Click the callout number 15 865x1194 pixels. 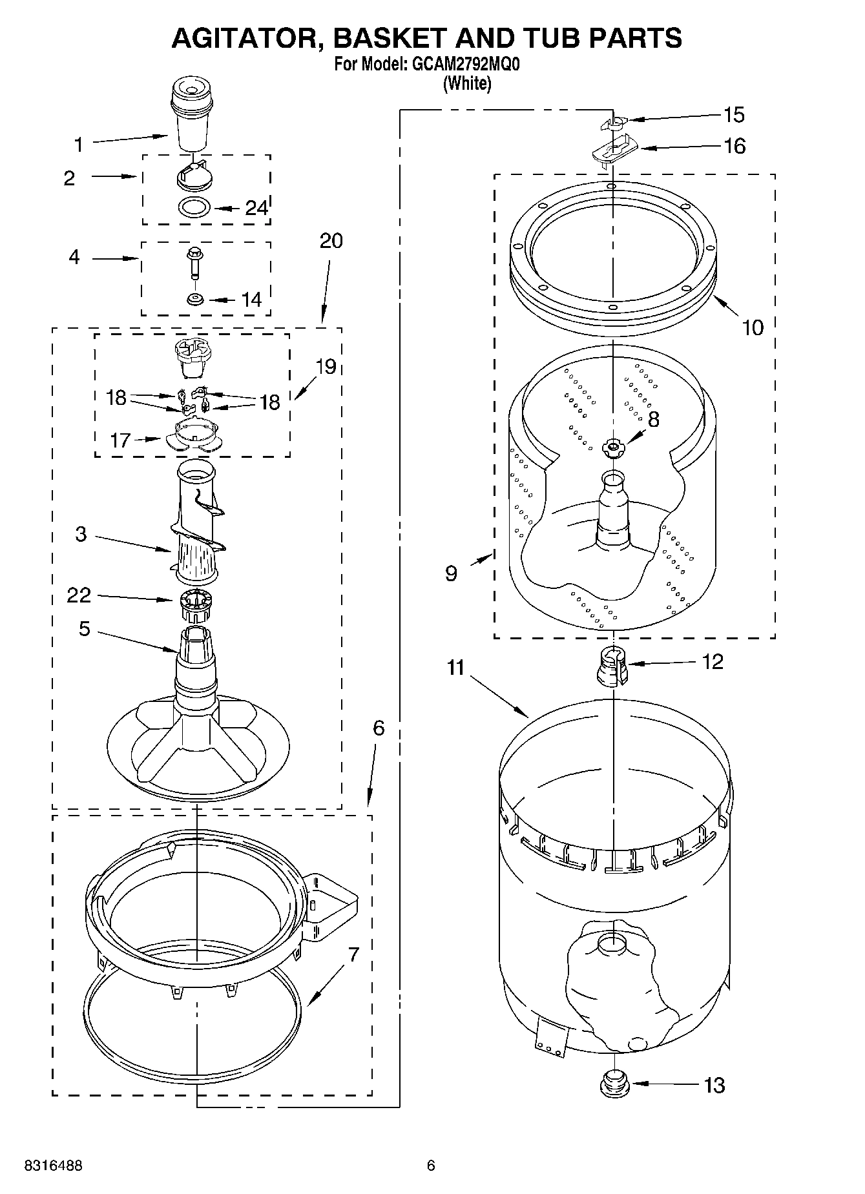(734, 115)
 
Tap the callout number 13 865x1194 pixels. (714, 1086)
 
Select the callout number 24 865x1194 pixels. (256, 208)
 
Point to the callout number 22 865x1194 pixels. (79, 595)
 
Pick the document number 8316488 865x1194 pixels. (53, 1166)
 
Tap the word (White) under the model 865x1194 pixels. (467, 83)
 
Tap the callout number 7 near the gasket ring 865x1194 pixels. (353, 955)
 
